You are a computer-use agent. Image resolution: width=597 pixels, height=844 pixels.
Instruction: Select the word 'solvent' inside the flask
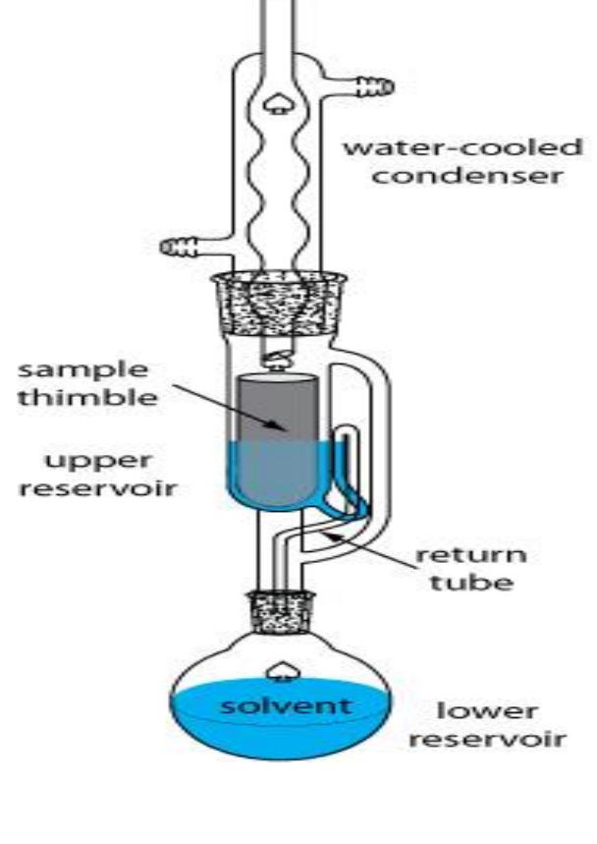click(x=283, y=705)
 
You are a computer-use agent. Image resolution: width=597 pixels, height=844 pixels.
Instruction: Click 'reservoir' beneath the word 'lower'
click(x=487, y=738)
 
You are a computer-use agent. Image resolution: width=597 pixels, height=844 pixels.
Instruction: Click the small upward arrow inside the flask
click(x=284, y=669)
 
